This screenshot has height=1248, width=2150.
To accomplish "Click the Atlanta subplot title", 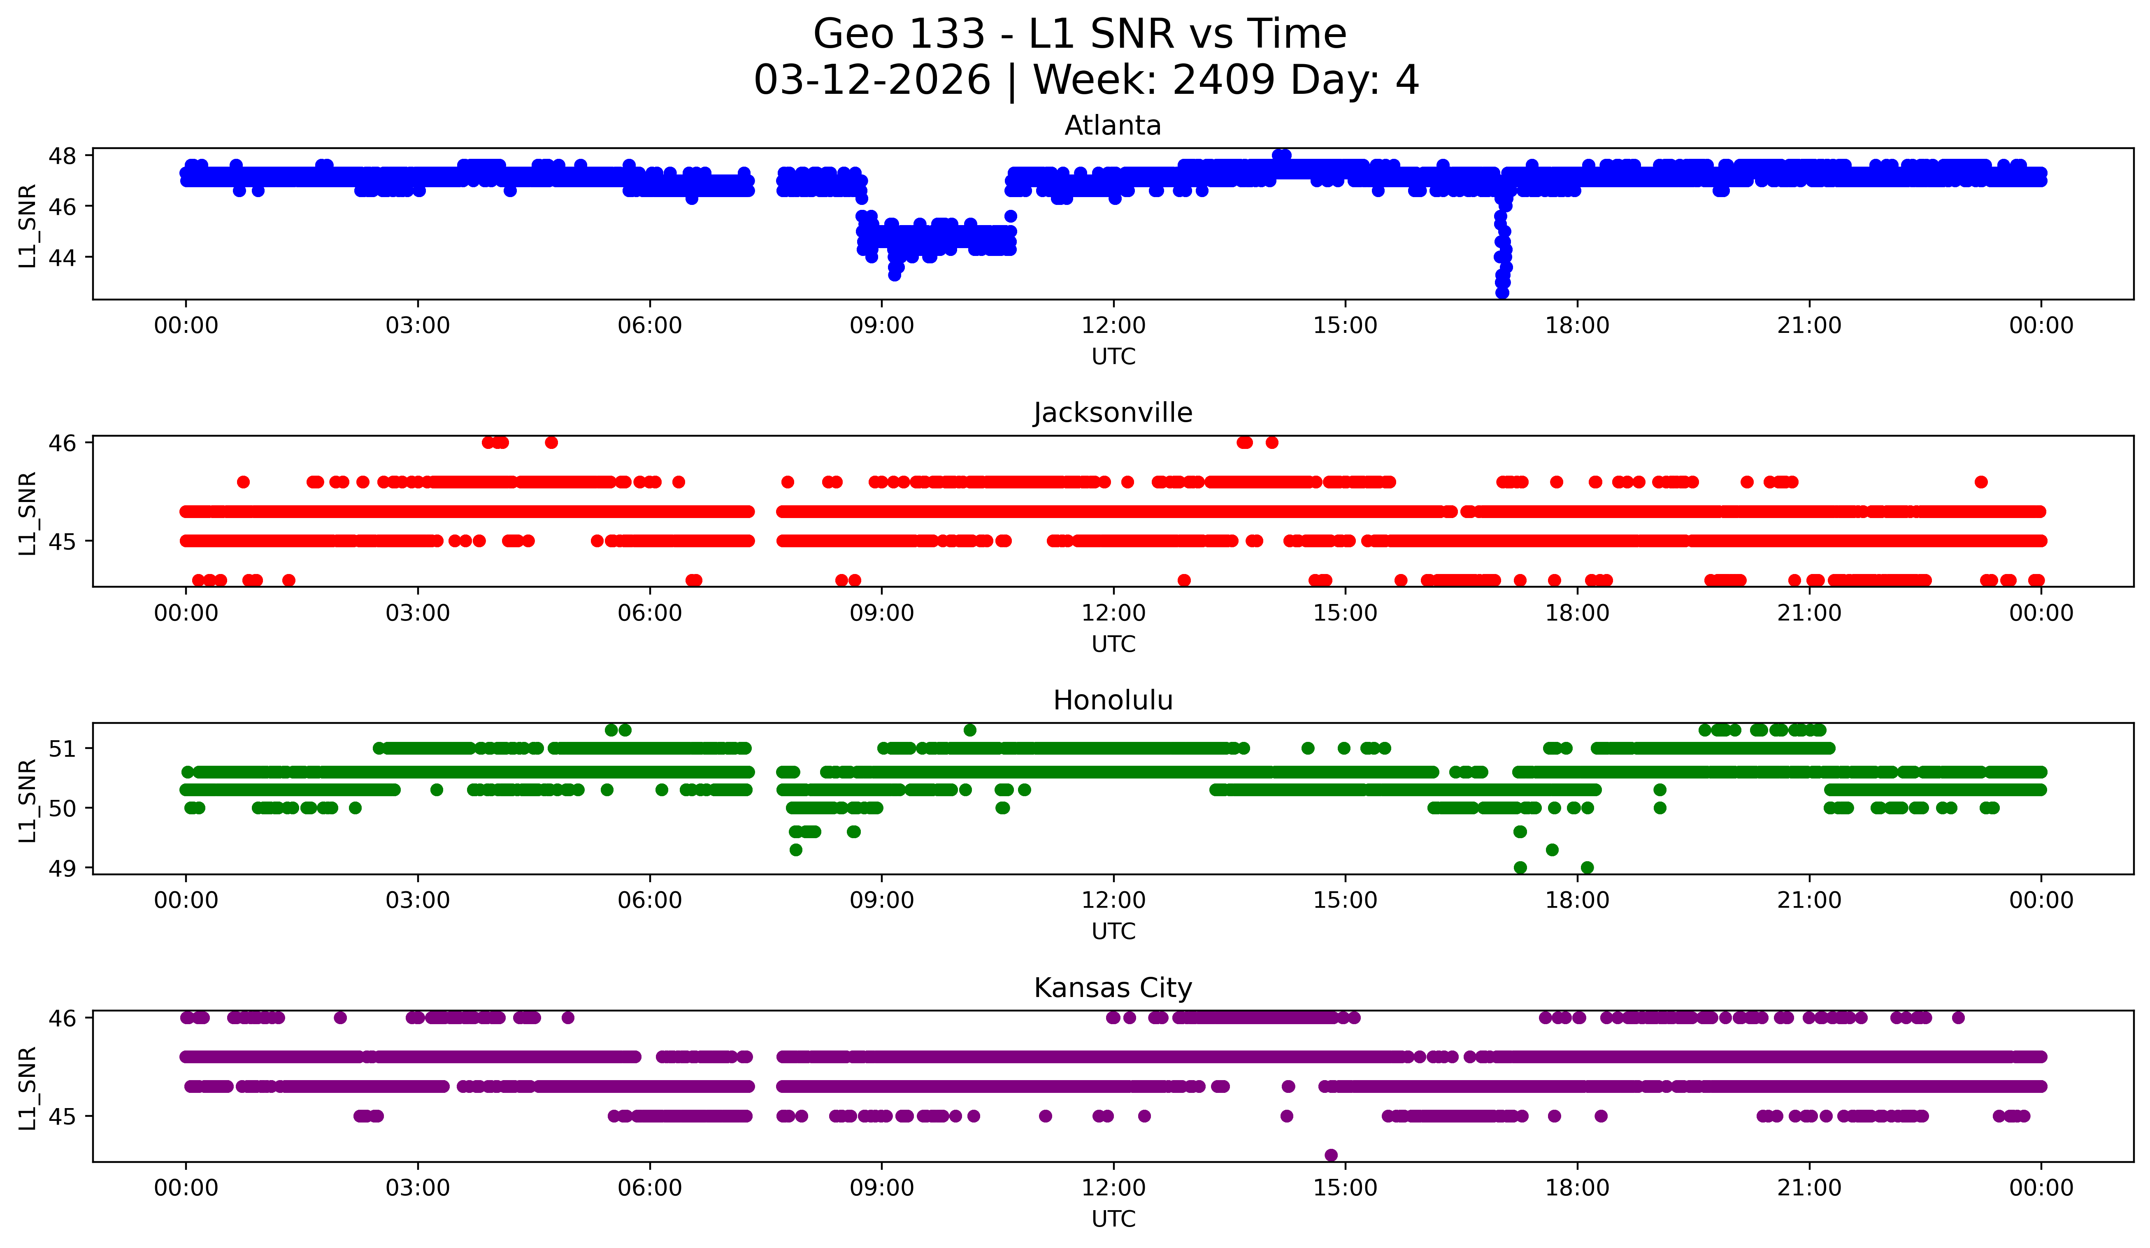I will pyautogui.click(x=1113, y=125).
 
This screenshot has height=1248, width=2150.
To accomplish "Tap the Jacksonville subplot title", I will pyautogui.click(x=1113, y=413).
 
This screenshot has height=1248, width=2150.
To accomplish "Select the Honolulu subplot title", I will pyautogui.click(x=1113, y=700).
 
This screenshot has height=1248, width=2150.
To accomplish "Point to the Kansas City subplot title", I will pyautogui.click(x=1113, y=988).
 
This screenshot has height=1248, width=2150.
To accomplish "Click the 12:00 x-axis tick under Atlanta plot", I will pyautogui.click(x=1113, y=325).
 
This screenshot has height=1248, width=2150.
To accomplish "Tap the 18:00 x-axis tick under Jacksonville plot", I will pyautogui.click(x=1577, y=613).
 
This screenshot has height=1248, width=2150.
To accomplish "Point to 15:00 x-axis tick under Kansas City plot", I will pyautogui.click(x=1345, y=1188).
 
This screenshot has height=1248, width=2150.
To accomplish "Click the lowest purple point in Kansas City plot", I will pyautogui.click(x=1331, y=1155).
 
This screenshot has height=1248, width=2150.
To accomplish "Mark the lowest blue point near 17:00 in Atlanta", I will pyautogui.click(x=1502, y=293).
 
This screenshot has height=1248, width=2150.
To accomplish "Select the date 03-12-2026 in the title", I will pyautogui.click(x=872, y=80).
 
